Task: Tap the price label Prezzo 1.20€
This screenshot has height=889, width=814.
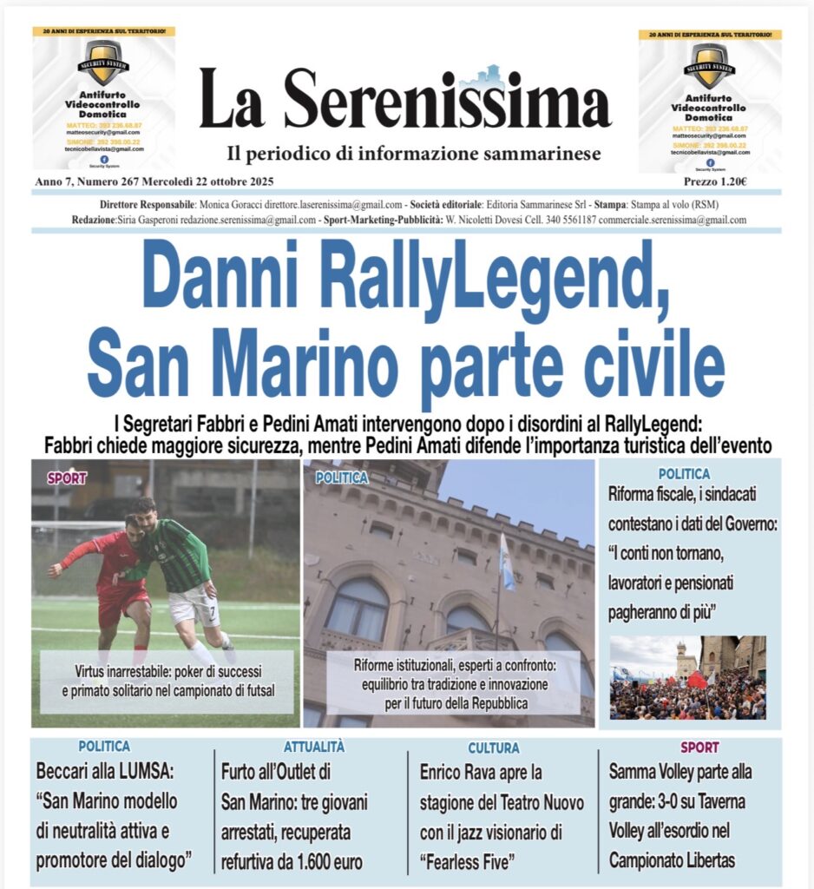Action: pos(715,181)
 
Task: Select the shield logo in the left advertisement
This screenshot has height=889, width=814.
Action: pos(103,61)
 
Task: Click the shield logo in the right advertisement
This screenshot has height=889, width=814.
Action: pos(709,64)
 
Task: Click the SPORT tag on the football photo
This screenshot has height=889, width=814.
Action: pos(67,477)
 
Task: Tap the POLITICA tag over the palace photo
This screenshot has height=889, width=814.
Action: pos(342,477)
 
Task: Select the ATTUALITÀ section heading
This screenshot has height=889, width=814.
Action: pos(313,747)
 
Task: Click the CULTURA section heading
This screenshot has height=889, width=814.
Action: pos(494,747)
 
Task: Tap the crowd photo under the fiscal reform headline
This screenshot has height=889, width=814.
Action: pos(687,678)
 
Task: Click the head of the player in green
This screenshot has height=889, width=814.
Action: pos(144,509)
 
